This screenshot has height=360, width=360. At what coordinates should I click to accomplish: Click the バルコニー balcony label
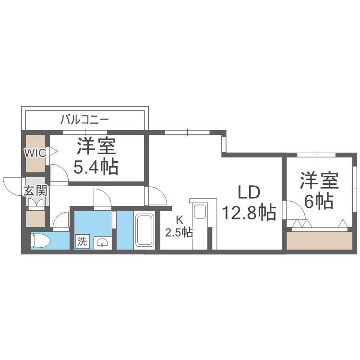pyautogui.click(x=84, y=120)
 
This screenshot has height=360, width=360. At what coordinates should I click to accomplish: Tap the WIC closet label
pyautogui.click(x=35, y=154)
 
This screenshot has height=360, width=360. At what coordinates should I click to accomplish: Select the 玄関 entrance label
pyautogui.click(x=36, y=191)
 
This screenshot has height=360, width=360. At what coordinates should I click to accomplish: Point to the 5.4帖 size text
pyautogui.click(x=96, y=167)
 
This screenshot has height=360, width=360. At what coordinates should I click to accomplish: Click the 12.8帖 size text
pyautogui.click(x=249, y=211)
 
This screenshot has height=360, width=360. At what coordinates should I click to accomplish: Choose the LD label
pyautogui.click(x=249, y=192)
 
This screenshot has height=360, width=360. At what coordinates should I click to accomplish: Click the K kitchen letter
pyautogui.click(x=179, y=220)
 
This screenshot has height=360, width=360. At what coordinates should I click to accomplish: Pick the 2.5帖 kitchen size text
pyautogui.click(x=179, y=233)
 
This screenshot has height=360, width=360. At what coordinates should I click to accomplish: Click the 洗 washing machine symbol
pyautogui.click(x=82, y=241)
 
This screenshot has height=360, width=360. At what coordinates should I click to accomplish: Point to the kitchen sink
pyautogui.click(x=199, y=211)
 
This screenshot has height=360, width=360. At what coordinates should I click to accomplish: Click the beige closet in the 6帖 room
pyautogui.click(x=319, y=240)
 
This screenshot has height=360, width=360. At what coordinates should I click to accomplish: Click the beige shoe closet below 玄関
pyautogui.click(x=35, y=219)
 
